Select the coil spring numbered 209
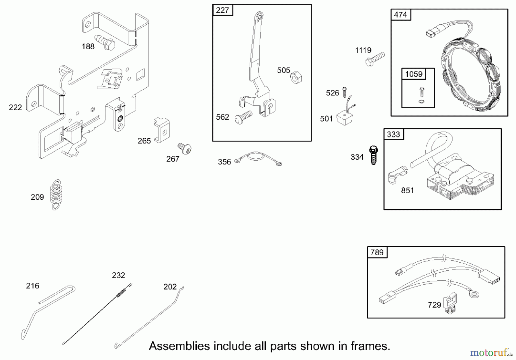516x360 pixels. pyautogui.click(x=56, y=195)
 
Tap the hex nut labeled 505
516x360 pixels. pyautogui.click(x=296, y=77)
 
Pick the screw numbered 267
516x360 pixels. pyautogui.click(x=185, y=149)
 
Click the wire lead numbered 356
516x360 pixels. pyautogui.click(x=258, y=158)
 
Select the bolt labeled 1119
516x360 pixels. pyautogui.click(x=375, y=59)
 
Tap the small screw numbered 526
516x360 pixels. pyautogui.click(x=345, y=92)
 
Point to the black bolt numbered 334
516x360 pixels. pyautogui.click(x=373, y=155)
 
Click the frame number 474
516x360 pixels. pyautogui.click(x=400, y=15)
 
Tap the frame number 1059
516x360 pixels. pyautogui.click(x=414, y=74)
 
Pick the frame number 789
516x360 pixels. pyautogui.click(x=377, y=252)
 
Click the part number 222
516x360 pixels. pyautogui.click(x=15, y=107)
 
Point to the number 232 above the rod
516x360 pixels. pyautogui.click(x=118, y=275)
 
